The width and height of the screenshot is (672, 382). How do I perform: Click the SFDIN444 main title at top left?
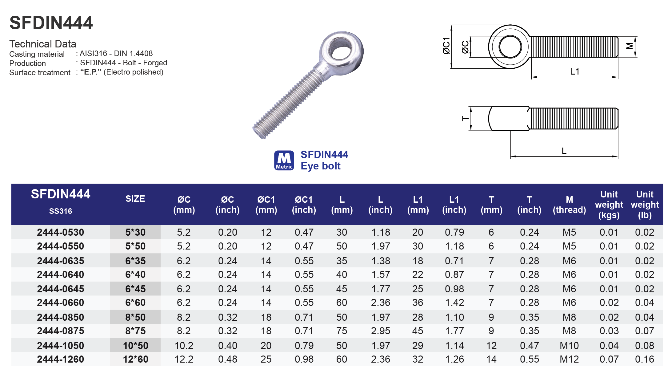pyautogui.click(x=51, y=23)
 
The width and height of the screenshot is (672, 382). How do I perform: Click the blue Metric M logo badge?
pyautogui.click(x=284, y=160)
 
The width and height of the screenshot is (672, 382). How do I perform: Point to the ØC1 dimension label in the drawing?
pyautogui.click(x=446, y=46)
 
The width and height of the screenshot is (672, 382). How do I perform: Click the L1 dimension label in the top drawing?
pyautogui.click(x=574, y=71)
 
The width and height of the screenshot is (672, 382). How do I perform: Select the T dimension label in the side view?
pyautogui.click(x=466, y=119)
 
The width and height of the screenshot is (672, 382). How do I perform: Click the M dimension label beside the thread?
pyautogui.click(x=630, y=46)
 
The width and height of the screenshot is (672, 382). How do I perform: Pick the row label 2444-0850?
pyautogui.click(x=61, y=317)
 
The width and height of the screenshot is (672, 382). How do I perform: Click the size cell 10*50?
pyautogui.click(x=135, y=346)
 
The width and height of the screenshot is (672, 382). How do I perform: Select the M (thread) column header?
pyautogui.click(x=569, y=205)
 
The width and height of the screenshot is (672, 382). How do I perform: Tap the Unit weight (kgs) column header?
pyautogui.click(x=609, y=205)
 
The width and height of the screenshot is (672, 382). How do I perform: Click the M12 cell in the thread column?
pyautogui.click(x=569, y=359)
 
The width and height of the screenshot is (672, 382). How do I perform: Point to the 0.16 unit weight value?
pyautogui.click(x=645, y=359)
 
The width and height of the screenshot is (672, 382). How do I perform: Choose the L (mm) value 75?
pyautogui.click(x=342, y=331)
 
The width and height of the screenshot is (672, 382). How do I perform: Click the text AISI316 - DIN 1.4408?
pyautogui.click(x=116, y=53)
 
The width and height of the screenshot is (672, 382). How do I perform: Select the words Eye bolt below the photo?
pyautogui.click(x=320, y=166)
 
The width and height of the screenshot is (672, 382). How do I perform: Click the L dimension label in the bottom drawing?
pyautogui.click(x=564, y=151)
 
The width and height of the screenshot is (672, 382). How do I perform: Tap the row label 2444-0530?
pyautogui.click(x=61, y=232)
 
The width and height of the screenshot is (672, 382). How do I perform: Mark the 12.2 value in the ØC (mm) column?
pyautogui.click(x=184, y=359)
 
